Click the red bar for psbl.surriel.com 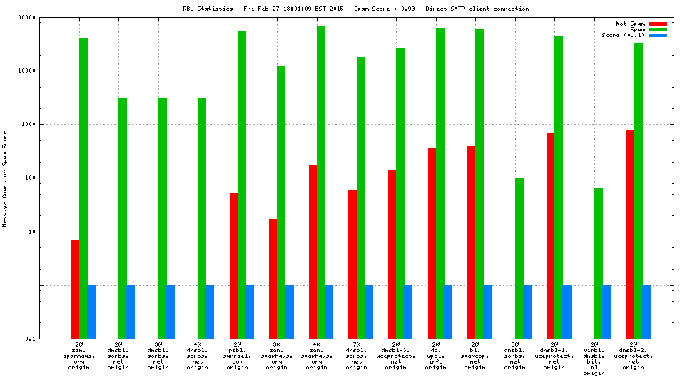[x=233, y=265]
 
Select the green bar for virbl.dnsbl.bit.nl [x=599, y=263]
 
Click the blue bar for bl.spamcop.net [x=487, y=312]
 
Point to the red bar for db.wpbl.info [x=432, y=242]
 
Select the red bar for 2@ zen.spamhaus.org [x=75, y=289]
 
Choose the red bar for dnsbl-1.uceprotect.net [x=550, y=235]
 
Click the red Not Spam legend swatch [x=657, y=24]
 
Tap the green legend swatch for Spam [x=657, y=29]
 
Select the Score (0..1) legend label [x=623, y=35]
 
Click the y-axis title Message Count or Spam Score [x=5, y=178]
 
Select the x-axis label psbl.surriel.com [x=238, y=356]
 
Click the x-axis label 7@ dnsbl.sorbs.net [x=356, y=356]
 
